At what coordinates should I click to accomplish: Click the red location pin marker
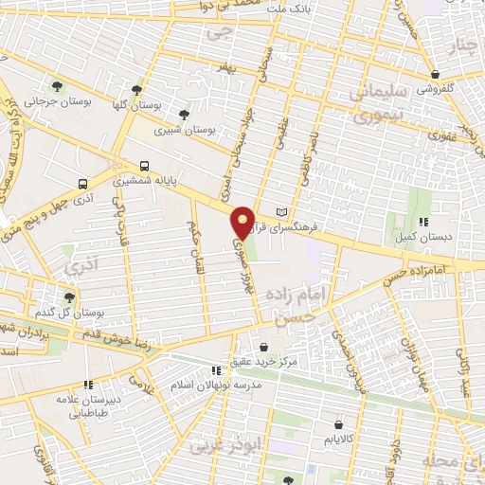(x=243, y=223)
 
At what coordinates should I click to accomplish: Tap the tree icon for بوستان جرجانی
(x=59, y=85)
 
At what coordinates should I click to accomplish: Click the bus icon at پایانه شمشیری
(x=144, y=164)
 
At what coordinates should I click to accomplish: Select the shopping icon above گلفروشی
(x=434, y=74)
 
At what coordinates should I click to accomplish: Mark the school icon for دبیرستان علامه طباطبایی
(x=88, y=386)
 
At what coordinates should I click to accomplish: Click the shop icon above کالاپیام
(x=338, y=425)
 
